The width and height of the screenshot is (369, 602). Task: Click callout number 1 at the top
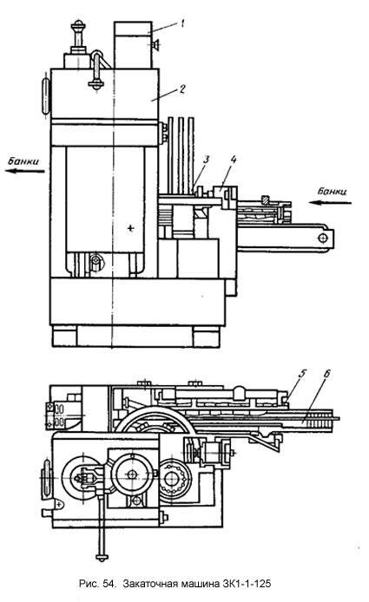182,23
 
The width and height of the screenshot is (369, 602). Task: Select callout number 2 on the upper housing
181,88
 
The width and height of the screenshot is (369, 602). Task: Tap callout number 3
207,159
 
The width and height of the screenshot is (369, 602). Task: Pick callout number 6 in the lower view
327,374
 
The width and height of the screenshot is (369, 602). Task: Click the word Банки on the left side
23,161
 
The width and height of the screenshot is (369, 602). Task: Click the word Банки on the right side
332,191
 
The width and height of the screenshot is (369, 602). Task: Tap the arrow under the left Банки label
25,171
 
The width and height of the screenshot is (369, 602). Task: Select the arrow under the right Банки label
331,202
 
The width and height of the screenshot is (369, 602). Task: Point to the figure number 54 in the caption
109,584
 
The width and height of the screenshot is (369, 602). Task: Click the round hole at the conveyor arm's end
322,238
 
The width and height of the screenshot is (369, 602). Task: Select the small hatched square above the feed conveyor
265,200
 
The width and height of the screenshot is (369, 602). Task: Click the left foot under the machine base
64,337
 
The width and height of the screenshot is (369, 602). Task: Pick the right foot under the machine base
207,337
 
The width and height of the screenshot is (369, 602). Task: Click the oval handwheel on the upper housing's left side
47,96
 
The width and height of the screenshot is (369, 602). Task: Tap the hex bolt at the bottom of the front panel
96,261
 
